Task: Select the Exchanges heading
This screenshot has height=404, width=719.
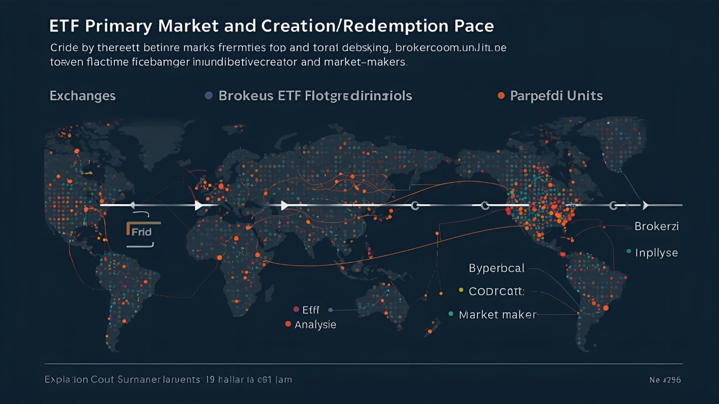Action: click(x=83, y=96)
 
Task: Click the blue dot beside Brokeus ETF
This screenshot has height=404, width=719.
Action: click(x=209, y=95)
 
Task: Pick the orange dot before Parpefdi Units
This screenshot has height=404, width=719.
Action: click(x=501, y=95)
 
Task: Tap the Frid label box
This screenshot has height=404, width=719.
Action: click(x=141, y=232)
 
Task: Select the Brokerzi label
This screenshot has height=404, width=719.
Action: click(x=656, y=226)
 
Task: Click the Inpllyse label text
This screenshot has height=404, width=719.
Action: click(x=656, y=253)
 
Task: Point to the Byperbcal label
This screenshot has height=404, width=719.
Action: click(x=497, y=268)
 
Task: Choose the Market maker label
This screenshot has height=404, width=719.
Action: click(x=497, y=315)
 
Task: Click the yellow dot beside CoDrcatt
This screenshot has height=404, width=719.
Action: click(x=461, y=290)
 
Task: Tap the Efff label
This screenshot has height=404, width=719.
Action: click(x=311, y=310)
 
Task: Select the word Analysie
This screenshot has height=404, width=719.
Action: click(x=315, y=325)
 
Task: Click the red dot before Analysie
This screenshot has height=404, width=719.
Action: click(x=288, y=324)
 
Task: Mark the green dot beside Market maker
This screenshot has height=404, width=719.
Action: click(x=451, y=314)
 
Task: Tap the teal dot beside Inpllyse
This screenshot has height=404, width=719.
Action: click(x=629, y=251)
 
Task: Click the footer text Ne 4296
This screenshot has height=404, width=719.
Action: click(x=665, y=380)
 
